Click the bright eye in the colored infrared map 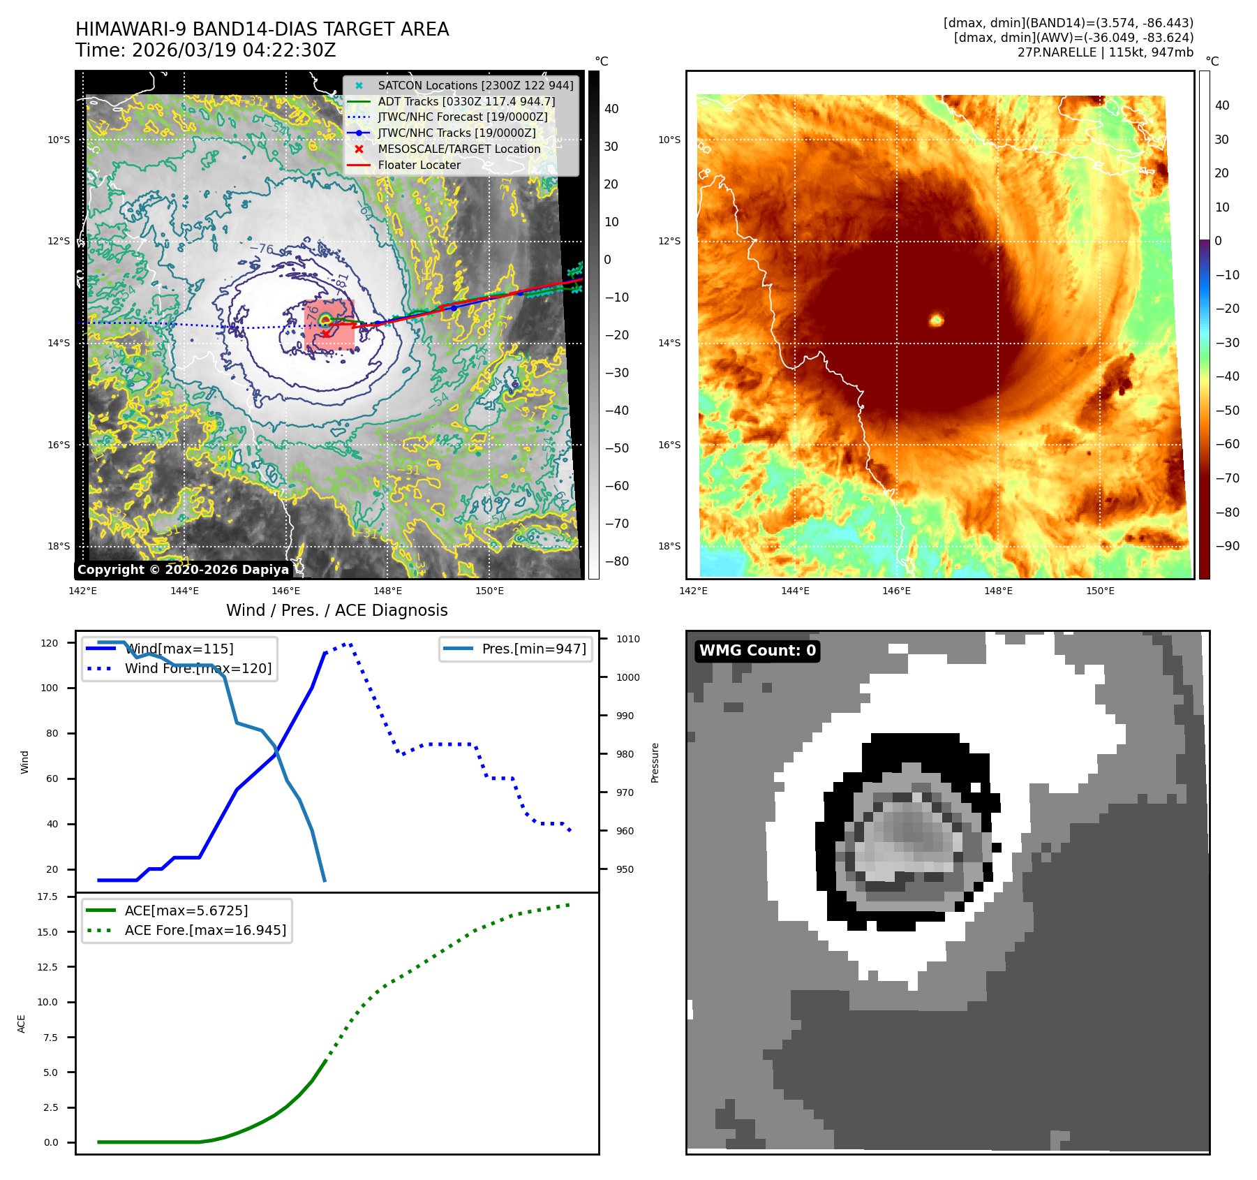[x=936, y=320]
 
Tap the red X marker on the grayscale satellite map [x=326, y=334]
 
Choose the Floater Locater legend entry [x=419, y=165]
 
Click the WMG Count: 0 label [x=757, y=651]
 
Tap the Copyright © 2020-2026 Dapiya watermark [x=183, y=570]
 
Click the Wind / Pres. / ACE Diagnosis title [x=336, y=610]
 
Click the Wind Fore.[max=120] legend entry [x=198, y=668]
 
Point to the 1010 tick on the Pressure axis [x=627, y=639]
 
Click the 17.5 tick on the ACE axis [x=47, y=897]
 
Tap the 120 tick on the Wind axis [x=50, y=643]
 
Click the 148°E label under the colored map [x=998, y=591]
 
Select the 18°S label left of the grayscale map [x=59, y=546]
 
